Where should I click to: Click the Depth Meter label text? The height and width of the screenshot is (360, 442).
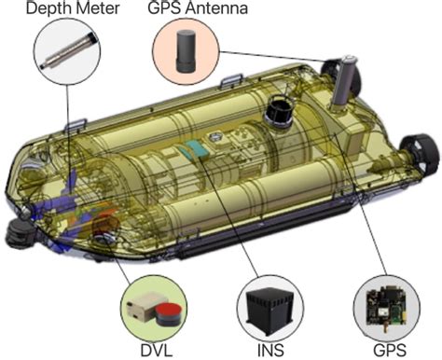pyautogui.click(x=73, y=8)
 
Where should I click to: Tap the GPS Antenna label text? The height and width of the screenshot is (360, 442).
pyautogui.click(x=198, y=7)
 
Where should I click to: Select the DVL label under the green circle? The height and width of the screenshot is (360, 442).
pyautogui.click(x=157, y=351)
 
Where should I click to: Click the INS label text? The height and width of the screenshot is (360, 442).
pyautogui.click(x=270, y=351)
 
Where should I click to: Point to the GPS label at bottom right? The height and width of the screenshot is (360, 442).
pyautogui.click(x=390, y=351)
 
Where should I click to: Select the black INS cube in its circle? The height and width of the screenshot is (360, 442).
pyautogui.click(x=269, y=310)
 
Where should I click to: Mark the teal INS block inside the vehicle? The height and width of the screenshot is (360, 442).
pyautogui.click(x=195, y=148)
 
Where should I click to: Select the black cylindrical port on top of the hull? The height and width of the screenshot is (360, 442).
pyautogui.click(x=278, y=113)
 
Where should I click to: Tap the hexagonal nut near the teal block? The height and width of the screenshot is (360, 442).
pyautogui.click(x=214, y=136)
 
